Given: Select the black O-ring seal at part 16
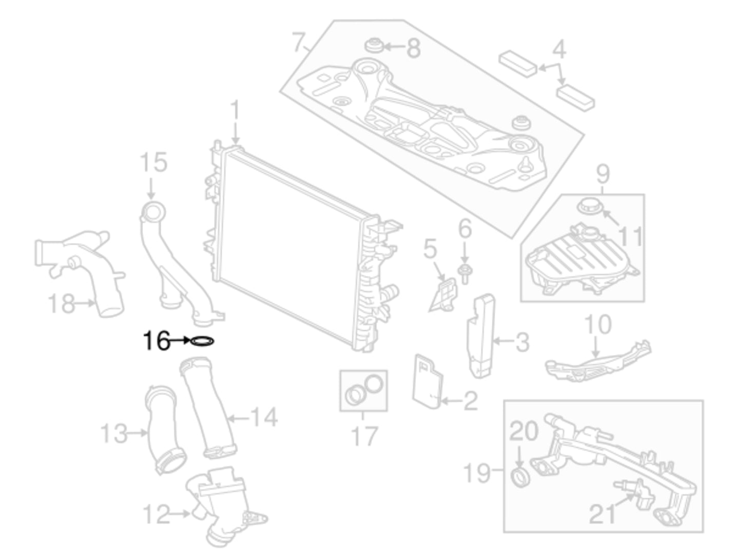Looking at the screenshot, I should (202, 341).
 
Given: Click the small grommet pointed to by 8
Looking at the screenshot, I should (373, 46).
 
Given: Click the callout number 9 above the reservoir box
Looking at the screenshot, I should (604, 174).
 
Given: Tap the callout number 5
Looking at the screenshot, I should (430, 249).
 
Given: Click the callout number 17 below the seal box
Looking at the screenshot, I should (364, 436).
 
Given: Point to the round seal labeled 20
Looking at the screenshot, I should (521, 477).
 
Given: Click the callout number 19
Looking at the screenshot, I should (476, 472).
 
